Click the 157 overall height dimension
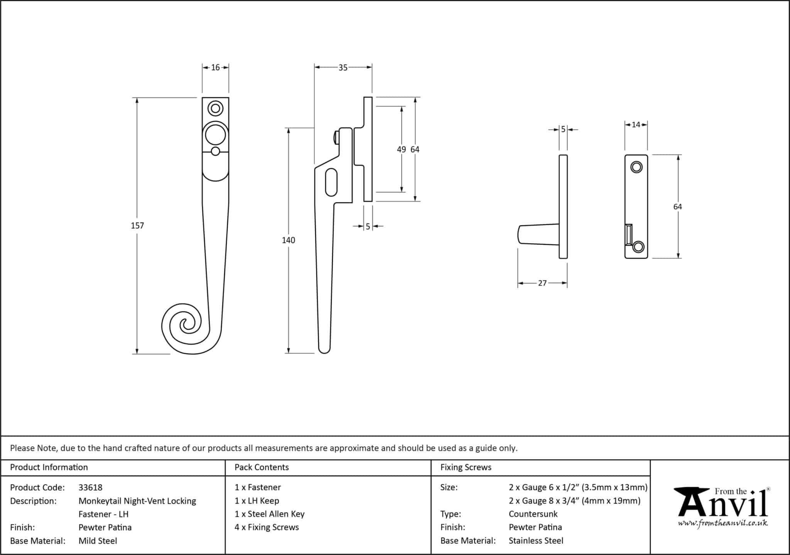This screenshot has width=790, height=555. (x=137, y=225)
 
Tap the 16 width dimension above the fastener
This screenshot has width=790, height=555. (x=215, y=67)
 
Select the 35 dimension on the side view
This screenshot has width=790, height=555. (x=343, y=68)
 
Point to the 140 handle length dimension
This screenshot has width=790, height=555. (x=289, y=240)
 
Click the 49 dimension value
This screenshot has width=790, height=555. (x=401, y=149)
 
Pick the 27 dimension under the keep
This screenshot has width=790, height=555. (x=542, y=283)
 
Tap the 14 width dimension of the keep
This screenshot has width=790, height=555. (x=636, y=124)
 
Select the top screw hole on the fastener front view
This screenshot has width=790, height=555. (x=215, y=108)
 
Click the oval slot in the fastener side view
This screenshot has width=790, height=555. (x=331, y=182)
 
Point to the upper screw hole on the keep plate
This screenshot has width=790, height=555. (x=636, y=167)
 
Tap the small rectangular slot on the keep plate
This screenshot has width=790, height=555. (x=628, y=234)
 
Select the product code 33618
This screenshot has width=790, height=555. (x=90, y=488)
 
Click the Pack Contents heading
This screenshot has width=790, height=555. (x=262, y=467)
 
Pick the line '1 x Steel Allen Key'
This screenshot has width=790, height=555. (x=269, y=514)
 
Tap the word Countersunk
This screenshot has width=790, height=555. (x=533, y=514)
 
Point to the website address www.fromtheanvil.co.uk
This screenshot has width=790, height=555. (x=722, y=523)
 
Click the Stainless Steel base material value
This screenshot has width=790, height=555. (x=536, y=541)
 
